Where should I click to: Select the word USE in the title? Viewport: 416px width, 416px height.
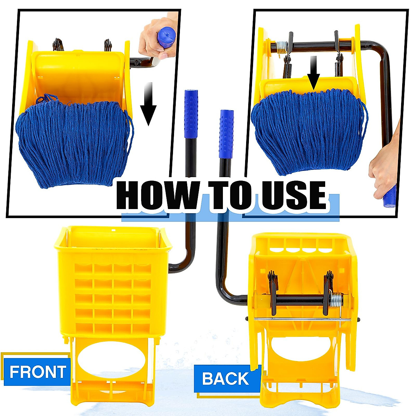click(x=294, y=196)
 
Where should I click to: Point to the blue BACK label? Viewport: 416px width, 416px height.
click(x=225, y=378)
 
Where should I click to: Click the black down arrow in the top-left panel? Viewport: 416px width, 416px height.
click(x=148, y=104)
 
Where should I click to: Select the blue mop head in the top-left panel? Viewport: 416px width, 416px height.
click(x=73, y=142)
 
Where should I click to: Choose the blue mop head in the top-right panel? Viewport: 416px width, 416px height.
click(x=309, y=128)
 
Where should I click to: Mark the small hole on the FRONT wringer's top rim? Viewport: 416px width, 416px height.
click(x=113, y=229)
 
